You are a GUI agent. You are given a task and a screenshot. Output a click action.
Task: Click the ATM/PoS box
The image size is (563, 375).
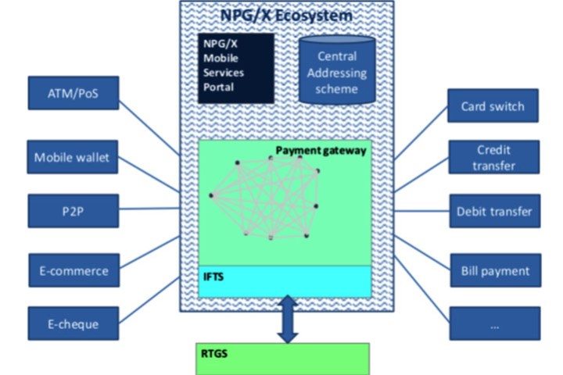(73, 92)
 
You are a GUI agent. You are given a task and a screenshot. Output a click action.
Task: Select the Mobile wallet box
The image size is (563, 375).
(73, 158)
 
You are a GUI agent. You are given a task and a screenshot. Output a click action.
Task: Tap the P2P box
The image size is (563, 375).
(73, 211)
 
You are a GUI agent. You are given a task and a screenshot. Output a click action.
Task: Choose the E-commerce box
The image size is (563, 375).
(73, 270)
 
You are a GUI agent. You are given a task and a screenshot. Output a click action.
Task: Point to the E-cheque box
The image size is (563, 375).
(73, 323)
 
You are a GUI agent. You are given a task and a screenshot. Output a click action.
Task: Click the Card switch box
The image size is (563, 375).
(493, 105)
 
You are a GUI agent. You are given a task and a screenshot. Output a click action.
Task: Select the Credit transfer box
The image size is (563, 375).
(493, 157)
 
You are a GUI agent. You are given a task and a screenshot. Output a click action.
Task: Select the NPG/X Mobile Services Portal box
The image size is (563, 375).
(235, 68)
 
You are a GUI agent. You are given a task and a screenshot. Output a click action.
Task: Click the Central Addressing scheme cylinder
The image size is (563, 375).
(337, 72)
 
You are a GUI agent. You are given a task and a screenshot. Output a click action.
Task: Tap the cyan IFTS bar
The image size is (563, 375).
(285, 281)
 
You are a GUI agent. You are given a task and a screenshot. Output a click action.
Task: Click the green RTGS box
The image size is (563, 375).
(281, 359)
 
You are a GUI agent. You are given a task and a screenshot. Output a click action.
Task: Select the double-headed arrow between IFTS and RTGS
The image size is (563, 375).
(287, 319)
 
